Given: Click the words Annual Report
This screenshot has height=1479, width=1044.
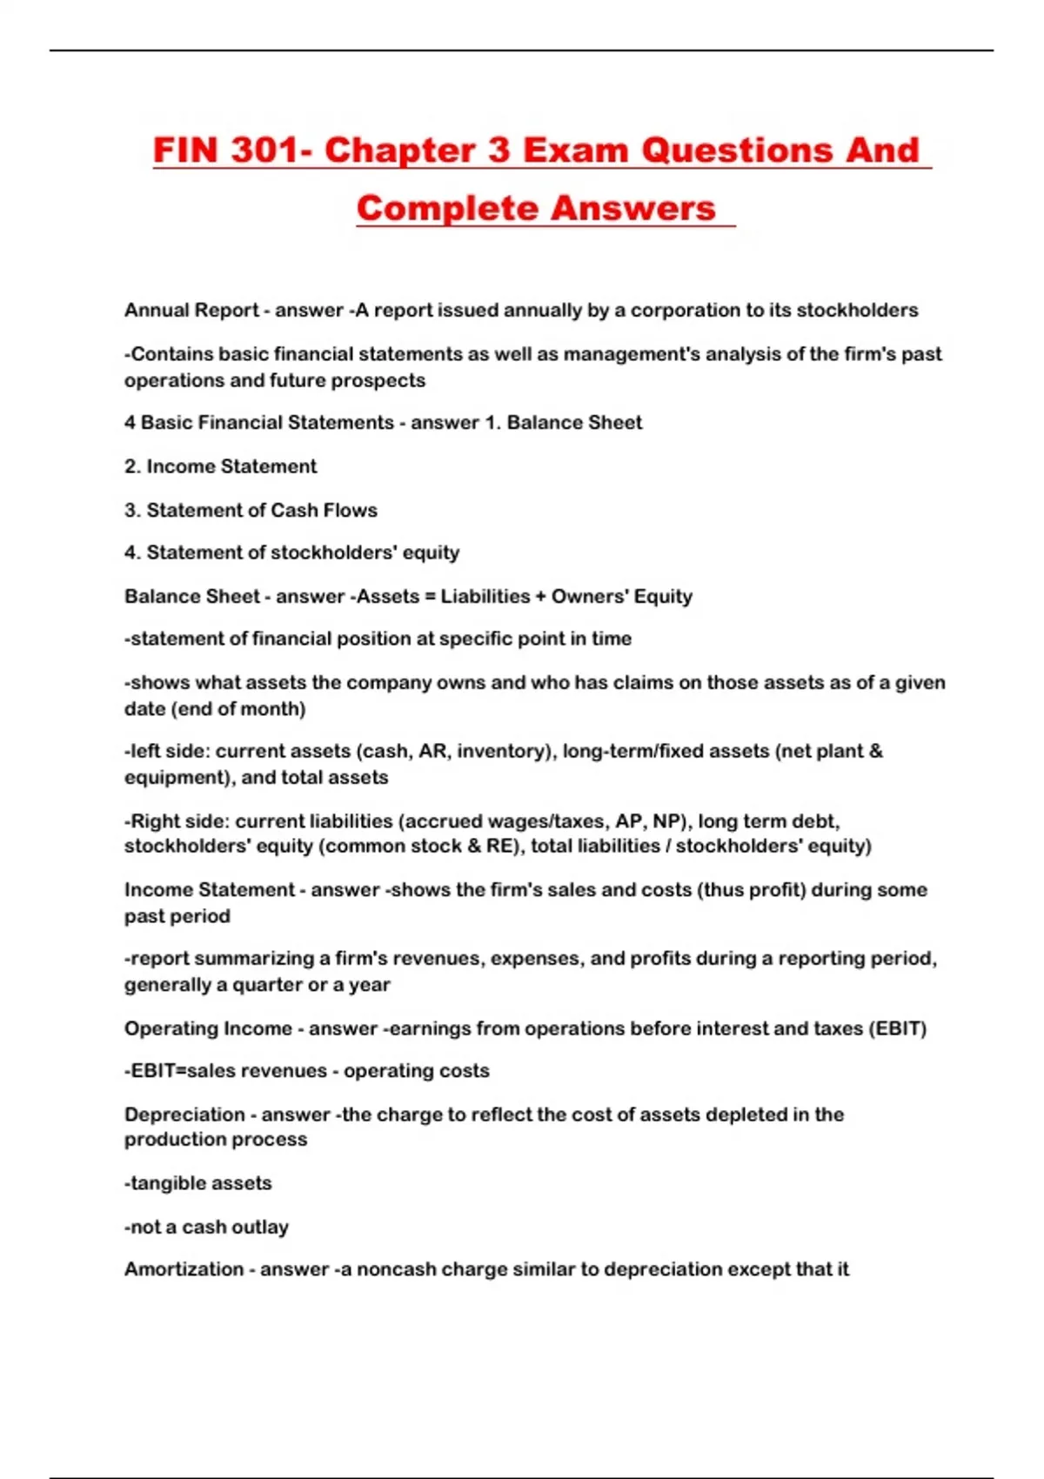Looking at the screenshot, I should click(x=191, y=311).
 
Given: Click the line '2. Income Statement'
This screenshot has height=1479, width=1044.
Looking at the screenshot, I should click(x=220, y=466).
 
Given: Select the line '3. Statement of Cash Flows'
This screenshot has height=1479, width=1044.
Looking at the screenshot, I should click(x=251, y=510).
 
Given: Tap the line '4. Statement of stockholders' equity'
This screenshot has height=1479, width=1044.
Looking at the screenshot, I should click(x=291, y=552).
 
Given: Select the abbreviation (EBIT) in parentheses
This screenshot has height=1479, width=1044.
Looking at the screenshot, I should click(x=898, y=1028).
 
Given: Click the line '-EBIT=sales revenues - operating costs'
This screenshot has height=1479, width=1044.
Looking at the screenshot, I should click(x=307, y=1071).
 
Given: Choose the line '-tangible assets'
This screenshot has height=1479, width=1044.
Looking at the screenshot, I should click(x=198, y=1183).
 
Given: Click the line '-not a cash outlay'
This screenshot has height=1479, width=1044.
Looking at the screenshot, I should click(x=206, y=1227).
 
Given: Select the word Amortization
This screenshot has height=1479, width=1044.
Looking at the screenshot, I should click(x=184, y=1269).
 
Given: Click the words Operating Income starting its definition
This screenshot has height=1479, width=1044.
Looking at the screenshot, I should click(x=208, y=1028).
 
